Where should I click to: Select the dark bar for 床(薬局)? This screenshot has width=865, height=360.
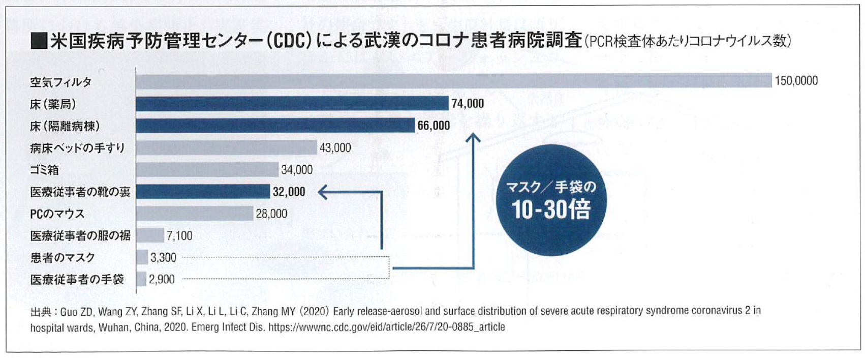tap(292, 104)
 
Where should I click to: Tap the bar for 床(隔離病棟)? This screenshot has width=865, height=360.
tap(275, 126)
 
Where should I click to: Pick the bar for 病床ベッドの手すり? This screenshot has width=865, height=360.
tap(226, 147)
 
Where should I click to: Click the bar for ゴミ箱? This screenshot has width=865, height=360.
tap(207, 169)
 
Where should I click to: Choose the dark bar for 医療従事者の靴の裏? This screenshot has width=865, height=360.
tap(203, 192)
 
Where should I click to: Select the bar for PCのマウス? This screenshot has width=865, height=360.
tap(195, 214)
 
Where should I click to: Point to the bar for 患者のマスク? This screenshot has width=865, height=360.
tap(142, 257)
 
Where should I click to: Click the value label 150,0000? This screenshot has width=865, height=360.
tap(796, 81)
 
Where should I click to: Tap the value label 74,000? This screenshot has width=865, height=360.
tap(468, 104)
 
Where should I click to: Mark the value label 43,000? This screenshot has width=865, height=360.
tap(335, 148)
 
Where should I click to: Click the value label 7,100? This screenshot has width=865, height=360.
tap(179, 236)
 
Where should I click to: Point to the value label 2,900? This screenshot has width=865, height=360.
tap(162, 280)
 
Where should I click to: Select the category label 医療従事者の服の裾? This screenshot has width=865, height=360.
tap(80, 236)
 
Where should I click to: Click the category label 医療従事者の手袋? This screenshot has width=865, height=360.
tap(77, 280)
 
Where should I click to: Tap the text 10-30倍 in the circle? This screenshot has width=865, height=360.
tap(551, 209)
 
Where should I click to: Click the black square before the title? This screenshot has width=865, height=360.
tap(39, 41)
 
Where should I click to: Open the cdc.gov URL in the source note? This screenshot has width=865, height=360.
tap(386, 327)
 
